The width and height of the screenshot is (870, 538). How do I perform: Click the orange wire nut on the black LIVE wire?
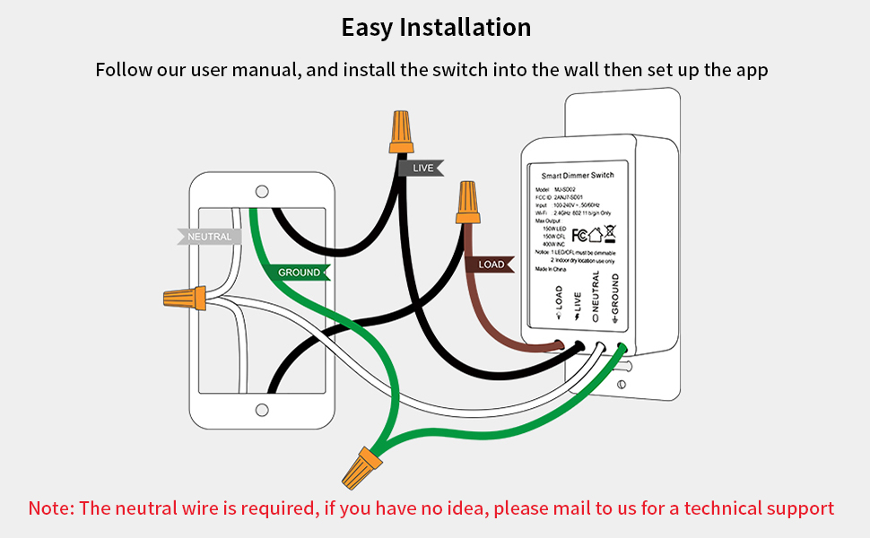pos(401,133)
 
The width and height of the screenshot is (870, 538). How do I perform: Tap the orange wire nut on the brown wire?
pos(466,203)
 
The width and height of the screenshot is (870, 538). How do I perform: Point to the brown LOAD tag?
pos(490,265)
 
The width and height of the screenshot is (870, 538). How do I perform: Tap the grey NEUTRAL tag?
pos(209,237)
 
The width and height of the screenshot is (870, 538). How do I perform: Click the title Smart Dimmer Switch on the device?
pos(578,175)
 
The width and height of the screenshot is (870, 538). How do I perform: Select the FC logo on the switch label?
pos(579,235)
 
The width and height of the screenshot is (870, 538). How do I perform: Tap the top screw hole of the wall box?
pos(262,191)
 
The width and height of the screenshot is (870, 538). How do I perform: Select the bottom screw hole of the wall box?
pos(262,410)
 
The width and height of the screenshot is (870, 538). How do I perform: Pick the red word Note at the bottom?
pos(50,508)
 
